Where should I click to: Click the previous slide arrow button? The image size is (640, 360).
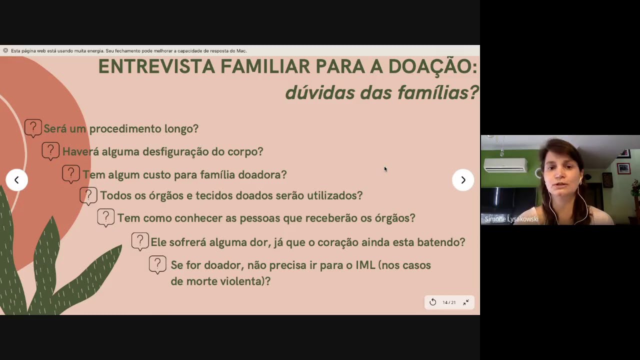pyautogui.click(x=16, y=180)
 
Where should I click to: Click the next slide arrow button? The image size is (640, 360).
pyautogui.click(x=463, y=180)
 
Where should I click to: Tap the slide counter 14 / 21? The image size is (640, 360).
pyautogui.click(x=449, y=302)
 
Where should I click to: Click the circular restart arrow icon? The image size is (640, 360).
pyautogui.click(x=433, y=302)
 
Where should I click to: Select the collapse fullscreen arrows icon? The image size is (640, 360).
pyautogui.click(x=466, y=302)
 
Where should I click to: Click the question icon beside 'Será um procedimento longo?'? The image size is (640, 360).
pyautogui.click(x=33, y=128)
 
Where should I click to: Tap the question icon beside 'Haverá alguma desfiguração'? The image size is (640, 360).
pyautogui.click(x=50, y=150)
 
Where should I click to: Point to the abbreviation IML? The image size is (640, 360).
pyautogui.click(x=365, y=265)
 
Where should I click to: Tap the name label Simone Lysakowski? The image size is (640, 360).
pyautogui.click(x=511, y=219)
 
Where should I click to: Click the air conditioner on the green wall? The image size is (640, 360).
pyautogui.click(x=505, y=165)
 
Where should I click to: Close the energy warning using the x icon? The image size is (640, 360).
pyautogui.click(x=5, y=50)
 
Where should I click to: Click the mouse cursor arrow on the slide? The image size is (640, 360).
pyautogui.click(x=385, y=169)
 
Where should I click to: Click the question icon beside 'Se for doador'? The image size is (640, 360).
pyautogui.click(x=157, y=264)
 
